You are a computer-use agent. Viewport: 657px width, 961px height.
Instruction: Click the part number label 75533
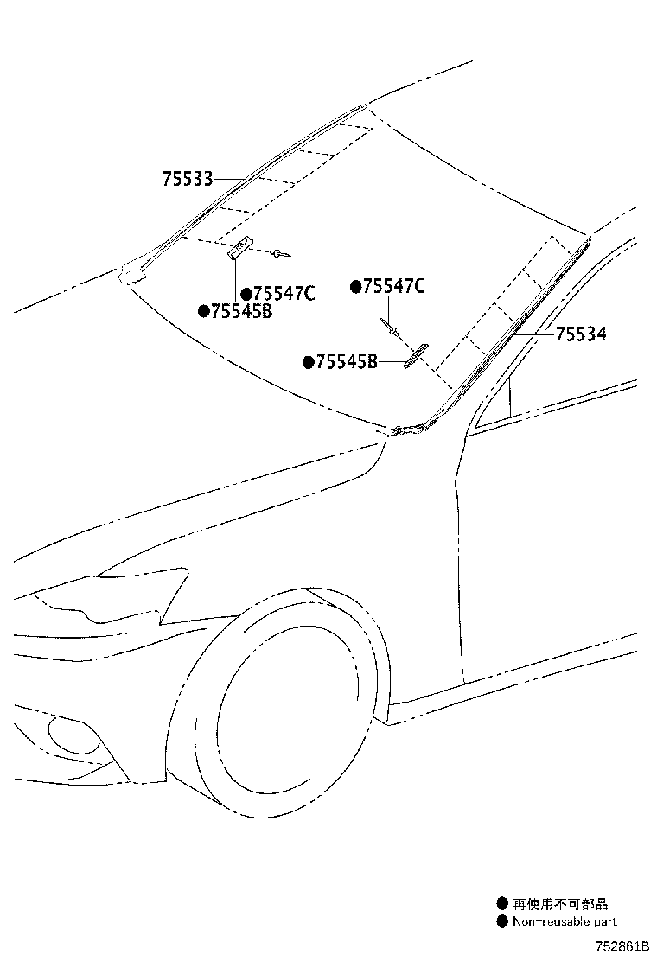pos(188,179)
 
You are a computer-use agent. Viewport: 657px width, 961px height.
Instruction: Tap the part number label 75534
pos(581,334)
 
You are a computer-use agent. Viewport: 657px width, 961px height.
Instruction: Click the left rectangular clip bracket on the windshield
pos(240,248)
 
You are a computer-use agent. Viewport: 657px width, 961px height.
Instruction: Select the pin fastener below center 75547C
pos(390,327)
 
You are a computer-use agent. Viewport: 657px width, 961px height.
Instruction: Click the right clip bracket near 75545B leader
pos(416,356)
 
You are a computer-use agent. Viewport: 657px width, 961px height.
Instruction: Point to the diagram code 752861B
pos(620,947)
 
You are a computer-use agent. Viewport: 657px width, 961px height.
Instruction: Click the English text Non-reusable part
pos(565,921)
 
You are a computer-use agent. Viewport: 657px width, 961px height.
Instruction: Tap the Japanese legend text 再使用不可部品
pos(560,903)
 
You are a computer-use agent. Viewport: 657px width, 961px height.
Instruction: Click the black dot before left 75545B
pos(204,311)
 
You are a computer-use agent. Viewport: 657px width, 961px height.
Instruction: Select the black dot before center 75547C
pos(356,286)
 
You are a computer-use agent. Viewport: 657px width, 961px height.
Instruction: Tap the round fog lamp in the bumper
pos(74,735)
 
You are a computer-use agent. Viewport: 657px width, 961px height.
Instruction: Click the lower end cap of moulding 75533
pos(131,273)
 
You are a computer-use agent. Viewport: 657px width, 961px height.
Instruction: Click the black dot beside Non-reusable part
pos(502,921)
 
